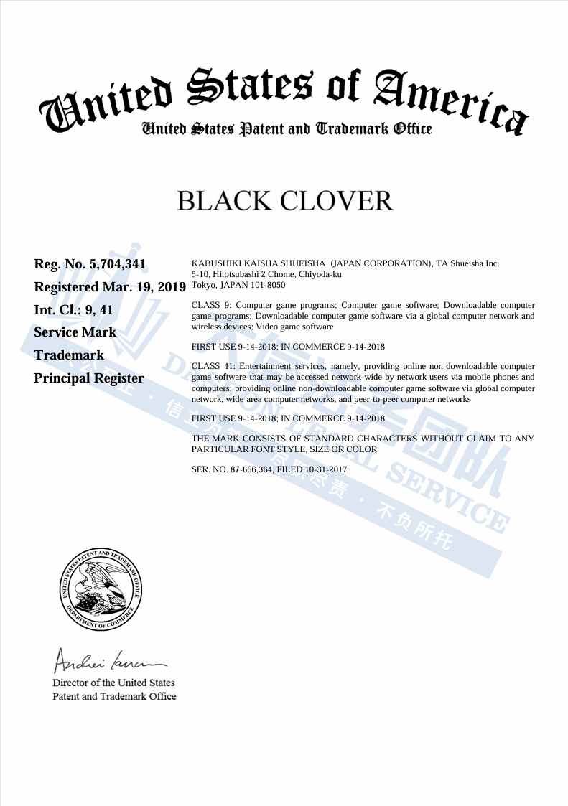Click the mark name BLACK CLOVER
(x=285, y=201)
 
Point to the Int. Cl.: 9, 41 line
(x=74, y=310)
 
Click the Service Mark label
(x=75, y=332)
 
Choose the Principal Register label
(x=88, y=378)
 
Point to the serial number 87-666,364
(x=250, y=469)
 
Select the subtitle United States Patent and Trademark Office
(x=287, y=129)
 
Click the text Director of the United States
(x=113, y=683)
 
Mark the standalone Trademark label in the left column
(x=69, y=355)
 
